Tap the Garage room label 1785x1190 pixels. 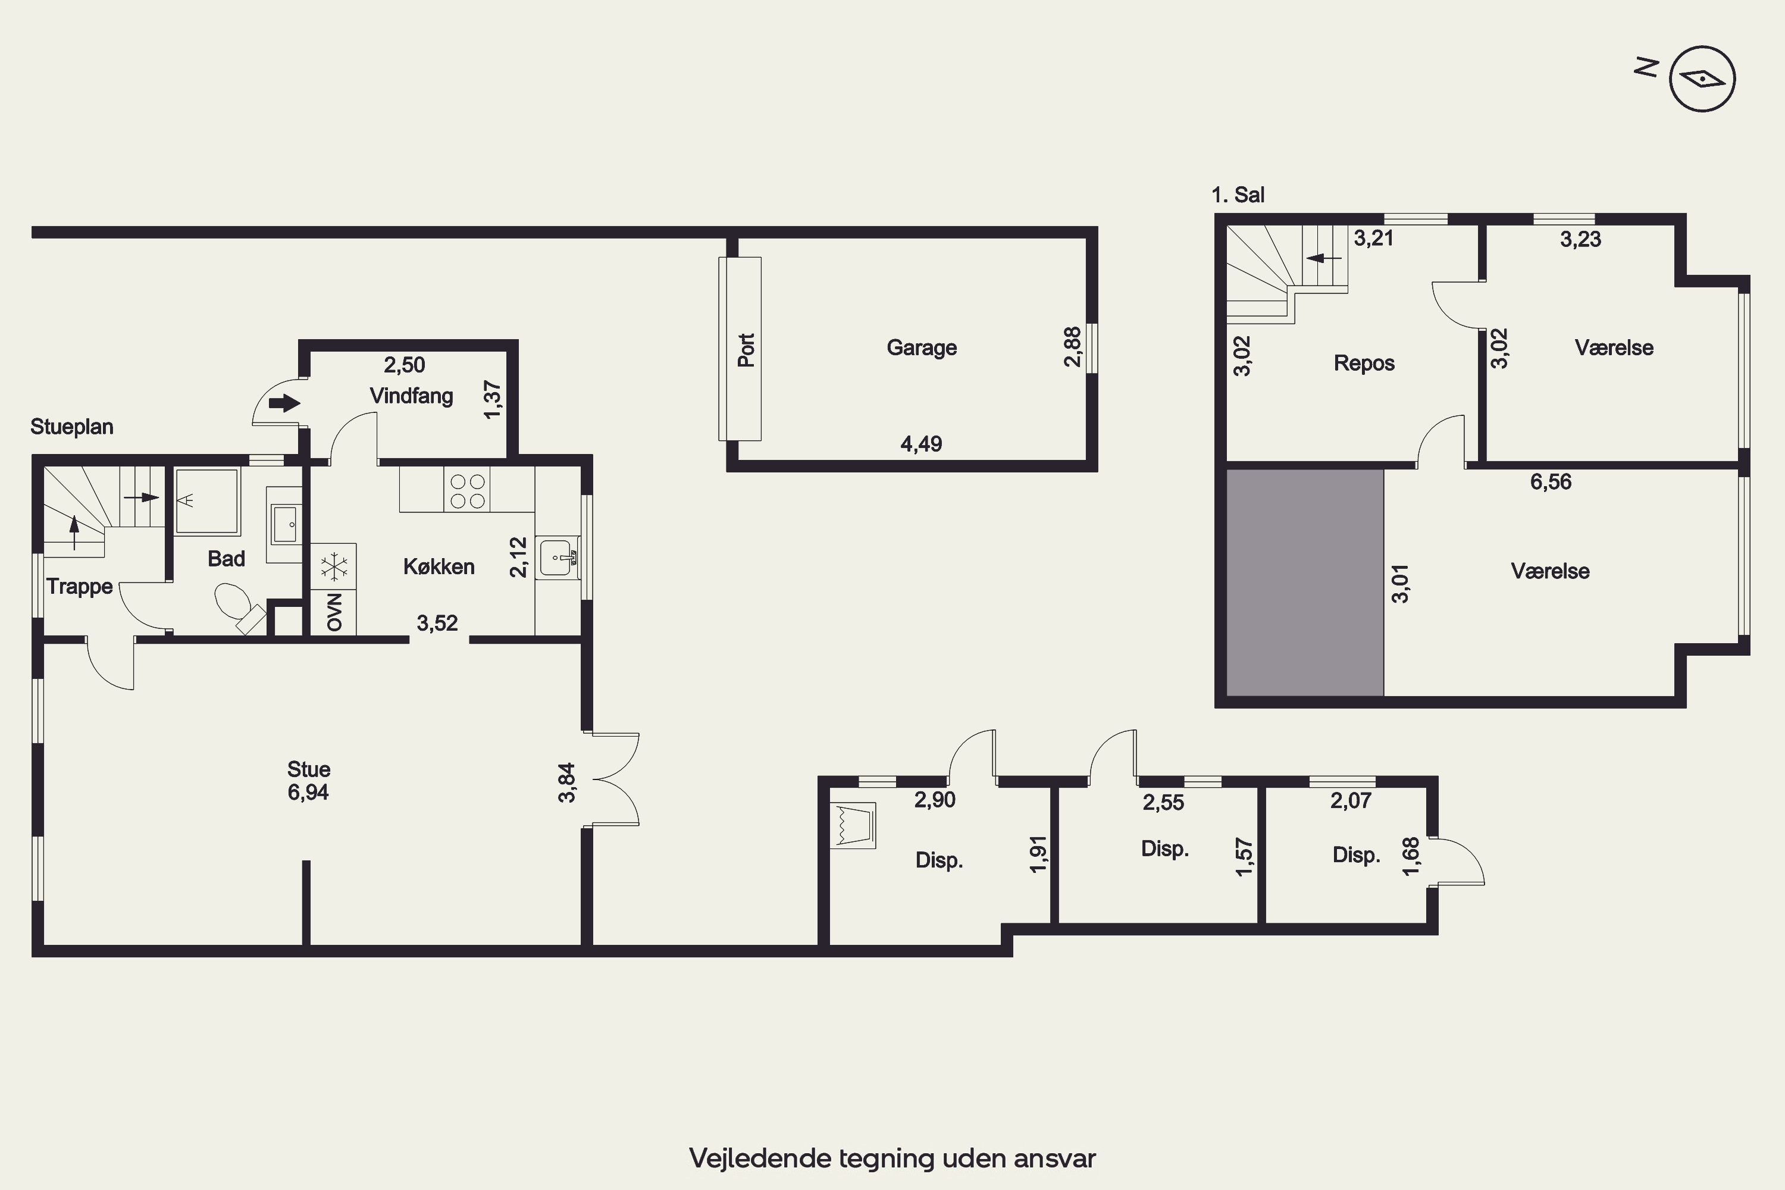pos(921,347)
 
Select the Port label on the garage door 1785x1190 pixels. pos(747,350)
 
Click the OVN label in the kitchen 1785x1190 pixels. pos(334,612)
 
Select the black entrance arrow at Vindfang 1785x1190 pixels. pos(284,402)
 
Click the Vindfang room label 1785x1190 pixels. pos(411,396)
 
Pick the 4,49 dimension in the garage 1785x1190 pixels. pos(921,443)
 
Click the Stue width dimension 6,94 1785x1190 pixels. pos(308,793)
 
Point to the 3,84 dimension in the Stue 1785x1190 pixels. pos(567,782)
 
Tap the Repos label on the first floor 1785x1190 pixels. pos(1364,363)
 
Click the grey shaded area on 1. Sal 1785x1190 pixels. pos(1305,582)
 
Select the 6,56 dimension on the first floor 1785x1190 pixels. pos(1551,481)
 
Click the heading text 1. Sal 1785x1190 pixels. pos(1238,195)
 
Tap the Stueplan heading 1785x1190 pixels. pos(72,427)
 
